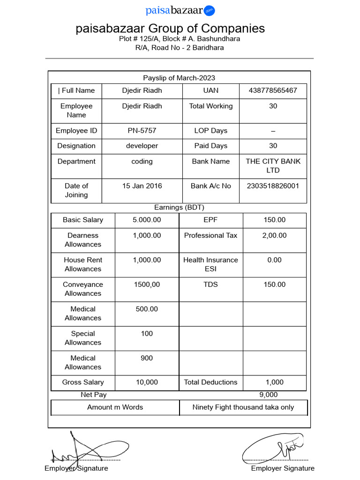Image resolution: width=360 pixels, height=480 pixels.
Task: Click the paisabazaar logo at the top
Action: pyautogui.click(x=180, y=10)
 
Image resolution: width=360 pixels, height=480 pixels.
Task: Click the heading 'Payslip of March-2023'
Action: pyautogui.click(x=179, y=78)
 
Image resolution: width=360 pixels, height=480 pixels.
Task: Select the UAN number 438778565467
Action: pyautogui.click(x=273, y=90)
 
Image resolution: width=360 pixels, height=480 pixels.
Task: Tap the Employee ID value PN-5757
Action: pyautogui.click(x=142, y=131)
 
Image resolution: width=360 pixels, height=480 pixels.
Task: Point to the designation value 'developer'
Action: pyautogui.click(x=142, y=146)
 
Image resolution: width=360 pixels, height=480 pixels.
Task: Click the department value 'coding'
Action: pyautogui.click(x=142, y=161)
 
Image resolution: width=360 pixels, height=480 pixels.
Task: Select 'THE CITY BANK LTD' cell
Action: pyautogui.click(x=273, y=166)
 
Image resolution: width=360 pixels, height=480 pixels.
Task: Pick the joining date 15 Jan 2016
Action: pyautogui.click(x=142, y=186)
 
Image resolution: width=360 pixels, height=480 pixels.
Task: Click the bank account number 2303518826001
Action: pyautogui.click(x=273, y=186)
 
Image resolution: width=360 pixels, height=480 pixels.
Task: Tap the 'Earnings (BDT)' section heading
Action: pyautogui.click(x=179, y=207)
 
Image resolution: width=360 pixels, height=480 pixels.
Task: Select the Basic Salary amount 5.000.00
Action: pyautogui.click(x=147, y=220)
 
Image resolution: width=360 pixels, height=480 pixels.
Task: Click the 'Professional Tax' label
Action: pyautogui.click(x=210, y=235)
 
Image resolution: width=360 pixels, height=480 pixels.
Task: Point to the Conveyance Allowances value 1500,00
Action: pyautogui.click(x=147, y=285)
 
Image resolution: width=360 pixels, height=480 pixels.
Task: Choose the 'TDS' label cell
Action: pyautogui.click(x=210, y=285)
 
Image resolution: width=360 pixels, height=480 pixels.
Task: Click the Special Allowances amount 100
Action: pyautogui.click(x=147, y=334)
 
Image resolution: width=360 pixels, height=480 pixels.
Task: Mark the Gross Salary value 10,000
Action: pyautogui.click(x=147, y=382)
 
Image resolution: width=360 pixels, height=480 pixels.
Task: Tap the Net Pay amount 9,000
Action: pyautogui.click(x=269, y=395)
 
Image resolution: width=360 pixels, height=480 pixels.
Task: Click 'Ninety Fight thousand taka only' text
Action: pyautogui.click(x=243, y=407)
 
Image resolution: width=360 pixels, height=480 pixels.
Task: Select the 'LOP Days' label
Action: pyautogui.click(x=210, y=131)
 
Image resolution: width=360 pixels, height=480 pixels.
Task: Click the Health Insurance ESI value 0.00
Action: pyautogui.click(x=274, y=260)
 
